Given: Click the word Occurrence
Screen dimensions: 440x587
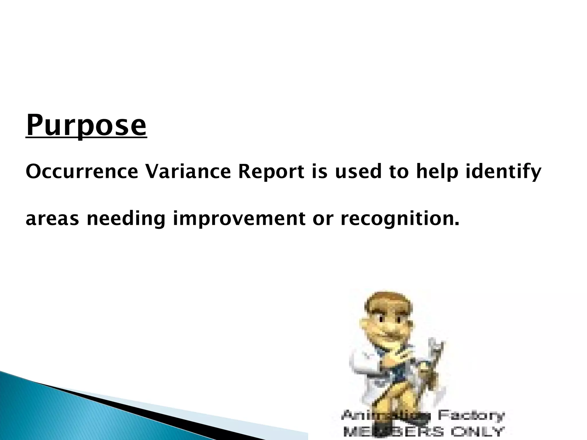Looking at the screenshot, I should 82,172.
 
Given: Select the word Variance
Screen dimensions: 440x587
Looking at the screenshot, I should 188,172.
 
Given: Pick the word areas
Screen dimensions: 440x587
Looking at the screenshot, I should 52,219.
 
